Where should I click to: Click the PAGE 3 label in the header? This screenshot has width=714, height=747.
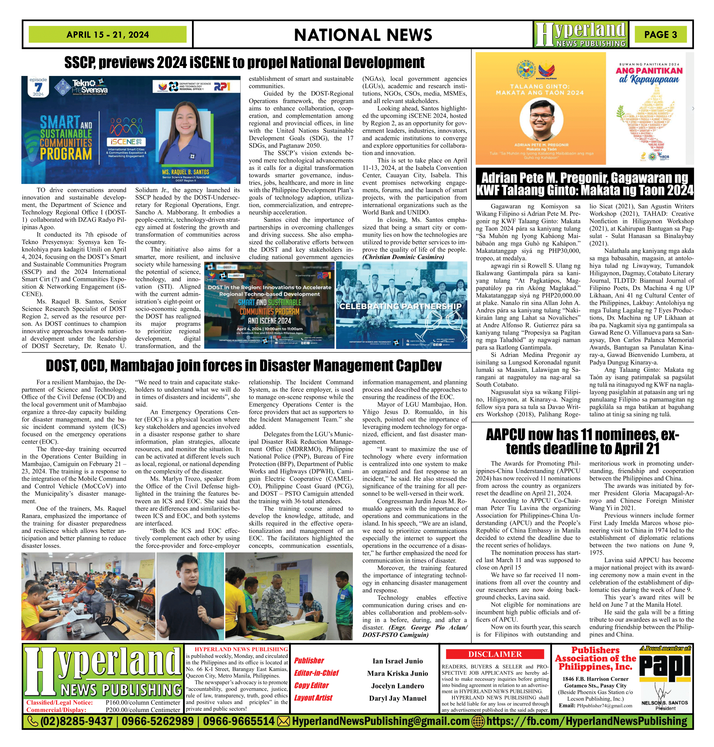660,34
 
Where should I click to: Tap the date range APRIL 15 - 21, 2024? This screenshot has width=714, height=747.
108,34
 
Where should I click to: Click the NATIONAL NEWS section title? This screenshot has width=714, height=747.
363,35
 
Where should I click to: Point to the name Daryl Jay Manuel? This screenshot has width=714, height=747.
398,698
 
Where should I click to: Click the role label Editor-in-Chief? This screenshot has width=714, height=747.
316,673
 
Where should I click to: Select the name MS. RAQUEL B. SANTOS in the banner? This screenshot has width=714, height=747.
185,172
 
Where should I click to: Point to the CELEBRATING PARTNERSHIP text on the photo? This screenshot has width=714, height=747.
400,306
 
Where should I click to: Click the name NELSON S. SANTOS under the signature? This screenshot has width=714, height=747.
665,702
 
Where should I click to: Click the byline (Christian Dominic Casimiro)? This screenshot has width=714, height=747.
404,257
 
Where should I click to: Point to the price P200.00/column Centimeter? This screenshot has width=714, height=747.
143,710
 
